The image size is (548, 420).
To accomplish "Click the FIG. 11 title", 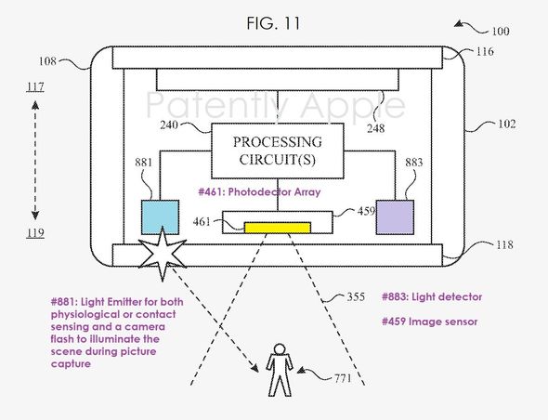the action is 273,23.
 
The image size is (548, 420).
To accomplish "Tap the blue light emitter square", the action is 160,217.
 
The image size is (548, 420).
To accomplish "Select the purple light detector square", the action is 395,217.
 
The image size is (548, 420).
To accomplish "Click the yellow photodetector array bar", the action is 278,228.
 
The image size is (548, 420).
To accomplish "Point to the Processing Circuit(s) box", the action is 278,151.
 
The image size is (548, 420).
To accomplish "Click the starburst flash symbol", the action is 163,254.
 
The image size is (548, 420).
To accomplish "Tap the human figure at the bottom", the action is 280,370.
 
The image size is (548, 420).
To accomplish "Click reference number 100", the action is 501,31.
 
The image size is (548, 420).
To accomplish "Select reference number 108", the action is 47,61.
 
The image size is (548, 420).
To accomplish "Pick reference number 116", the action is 485,51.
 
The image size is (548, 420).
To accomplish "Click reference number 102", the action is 507,124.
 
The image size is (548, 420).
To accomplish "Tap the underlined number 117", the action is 35,86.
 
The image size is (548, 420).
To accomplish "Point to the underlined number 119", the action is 35,233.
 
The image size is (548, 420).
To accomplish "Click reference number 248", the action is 375,128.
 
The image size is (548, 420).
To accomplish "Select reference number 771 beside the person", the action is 343,378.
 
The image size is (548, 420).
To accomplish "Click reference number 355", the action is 356,296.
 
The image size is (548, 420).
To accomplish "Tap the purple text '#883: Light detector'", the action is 432,297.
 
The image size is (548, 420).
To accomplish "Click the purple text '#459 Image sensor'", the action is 429,322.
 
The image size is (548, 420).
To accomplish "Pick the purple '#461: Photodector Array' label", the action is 259,192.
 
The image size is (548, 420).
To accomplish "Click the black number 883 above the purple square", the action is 414,163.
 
